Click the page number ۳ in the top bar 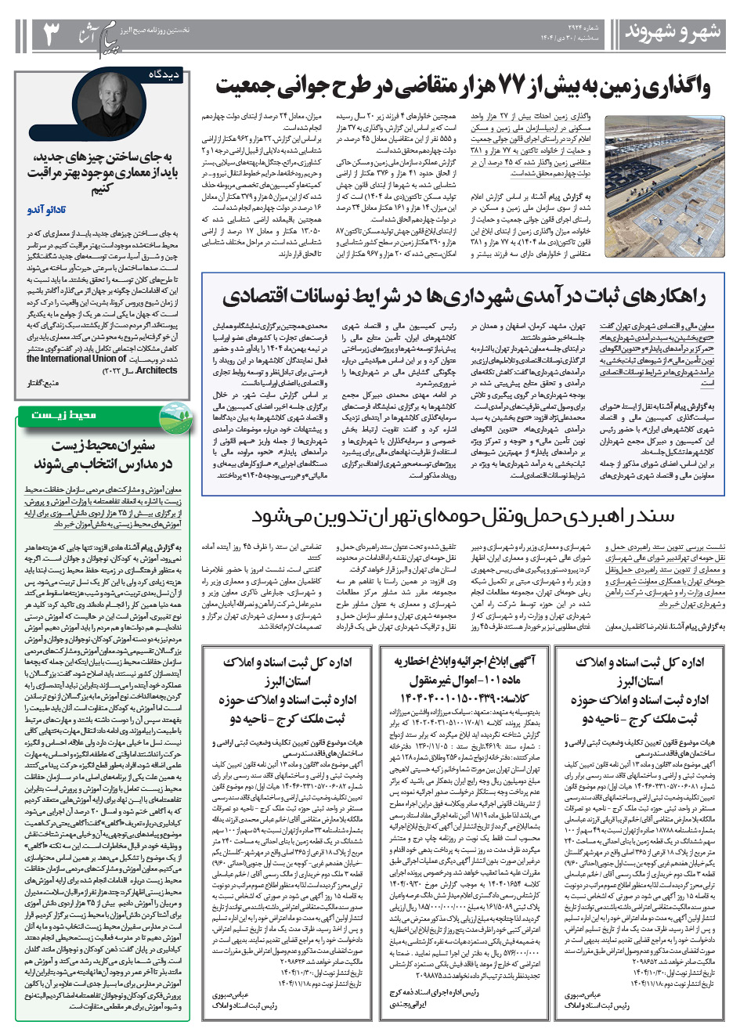pyautogui.click(x=49, y=34)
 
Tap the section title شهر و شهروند pyautogui.click(x=671, y=32)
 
